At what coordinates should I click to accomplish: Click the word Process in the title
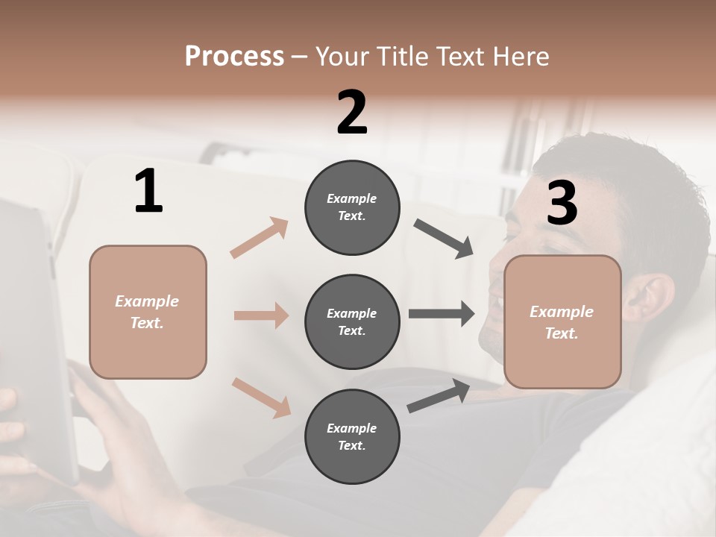(x=234, y=56)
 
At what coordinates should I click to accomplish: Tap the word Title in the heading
(x=403, y=56)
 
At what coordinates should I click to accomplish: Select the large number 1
(x=148, y=192)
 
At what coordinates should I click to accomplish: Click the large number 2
(x=352, y=113)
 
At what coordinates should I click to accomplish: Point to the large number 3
(x=562, y=204)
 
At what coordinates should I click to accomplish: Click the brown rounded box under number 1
(x=148, y=312)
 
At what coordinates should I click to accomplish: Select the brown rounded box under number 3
(x=562, y=321)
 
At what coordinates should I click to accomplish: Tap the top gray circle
(x=352, y=207)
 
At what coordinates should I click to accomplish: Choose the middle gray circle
(x=352, y=321)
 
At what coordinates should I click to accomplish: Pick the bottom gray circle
(x=352, y=436)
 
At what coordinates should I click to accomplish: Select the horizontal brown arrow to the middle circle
(x=261, y=315)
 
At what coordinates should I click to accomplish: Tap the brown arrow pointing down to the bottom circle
(x=261, y=398)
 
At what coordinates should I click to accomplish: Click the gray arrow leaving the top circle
(x=444, y=239)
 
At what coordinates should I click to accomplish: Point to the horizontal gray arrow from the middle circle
(x=442, y=314)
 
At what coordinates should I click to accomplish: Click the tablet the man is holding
(x=34, y=336)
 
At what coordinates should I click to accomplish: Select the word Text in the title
(x=461, y=56)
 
